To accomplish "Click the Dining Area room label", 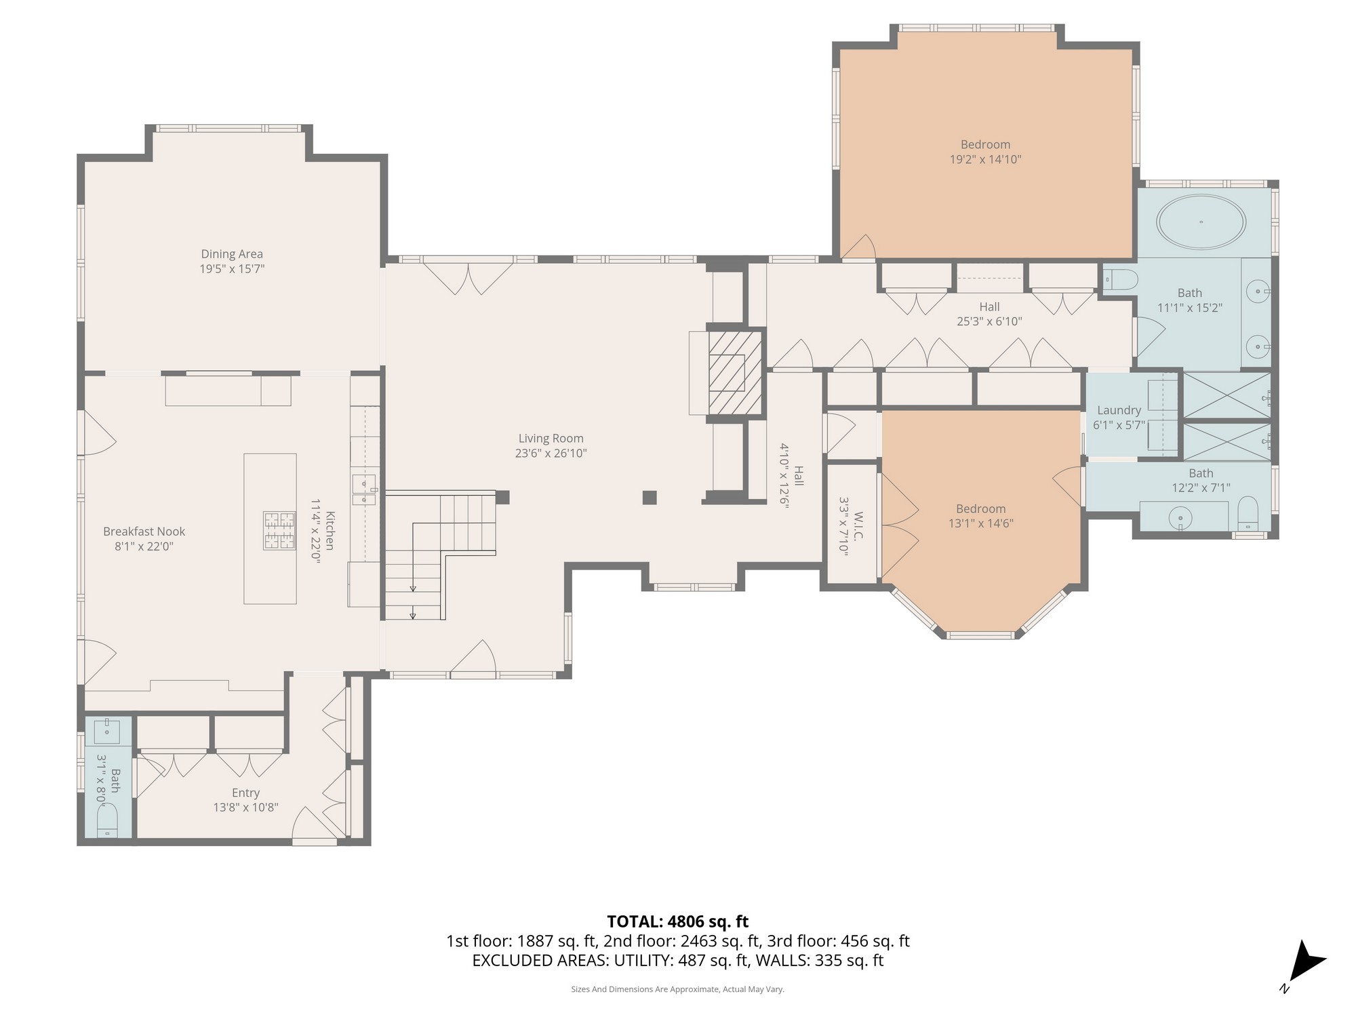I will [x=231, y=254].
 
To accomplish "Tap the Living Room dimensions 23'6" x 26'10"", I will [x=551, y=454].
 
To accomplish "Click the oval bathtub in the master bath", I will [x=1201, y=222].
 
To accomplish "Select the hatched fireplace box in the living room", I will [x=735, y=372].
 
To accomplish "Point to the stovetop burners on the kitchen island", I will [x=280, y=530].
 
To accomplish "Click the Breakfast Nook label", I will [x=144, y=532].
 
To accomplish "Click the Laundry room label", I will [x=1119, y=410].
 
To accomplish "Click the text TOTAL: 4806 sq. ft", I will [x=677, y=921].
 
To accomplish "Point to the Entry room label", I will [x=245, y=793].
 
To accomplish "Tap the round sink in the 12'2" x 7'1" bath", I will [x=1180, y=519].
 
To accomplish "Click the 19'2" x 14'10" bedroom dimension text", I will [x=985, y=160].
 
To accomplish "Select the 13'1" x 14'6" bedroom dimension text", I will [x=980, y=523].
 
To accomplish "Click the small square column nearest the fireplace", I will [x=650, y=498].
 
